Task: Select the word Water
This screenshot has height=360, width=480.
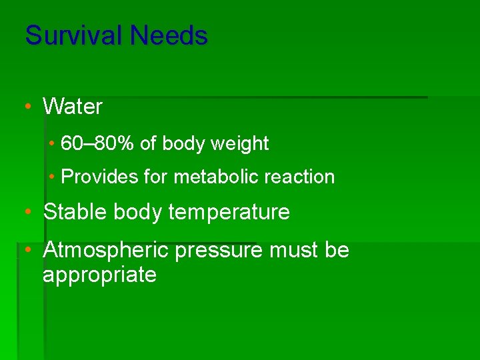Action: pyautogui.click(x=73, y=106)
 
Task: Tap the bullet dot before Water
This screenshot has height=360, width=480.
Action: pyautogui.click(x=27, y=106)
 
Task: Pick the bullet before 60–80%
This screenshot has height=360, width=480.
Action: pyautogui.click(x=51, y=143)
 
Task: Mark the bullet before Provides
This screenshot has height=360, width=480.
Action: pyautogui.click(x=51, y=177)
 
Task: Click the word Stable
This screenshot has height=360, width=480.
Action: pyautogui.click(x=75, y=212)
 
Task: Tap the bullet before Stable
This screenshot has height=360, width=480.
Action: pyautogui.click(x=27, y=212)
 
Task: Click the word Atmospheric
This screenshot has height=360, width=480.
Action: pyautogui.click(x=107, y=250)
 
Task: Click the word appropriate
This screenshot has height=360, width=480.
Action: pyautogui.click(x=99, y=275)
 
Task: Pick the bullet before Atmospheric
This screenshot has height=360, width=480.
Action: pyautogui.click(x=27, y=250)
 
